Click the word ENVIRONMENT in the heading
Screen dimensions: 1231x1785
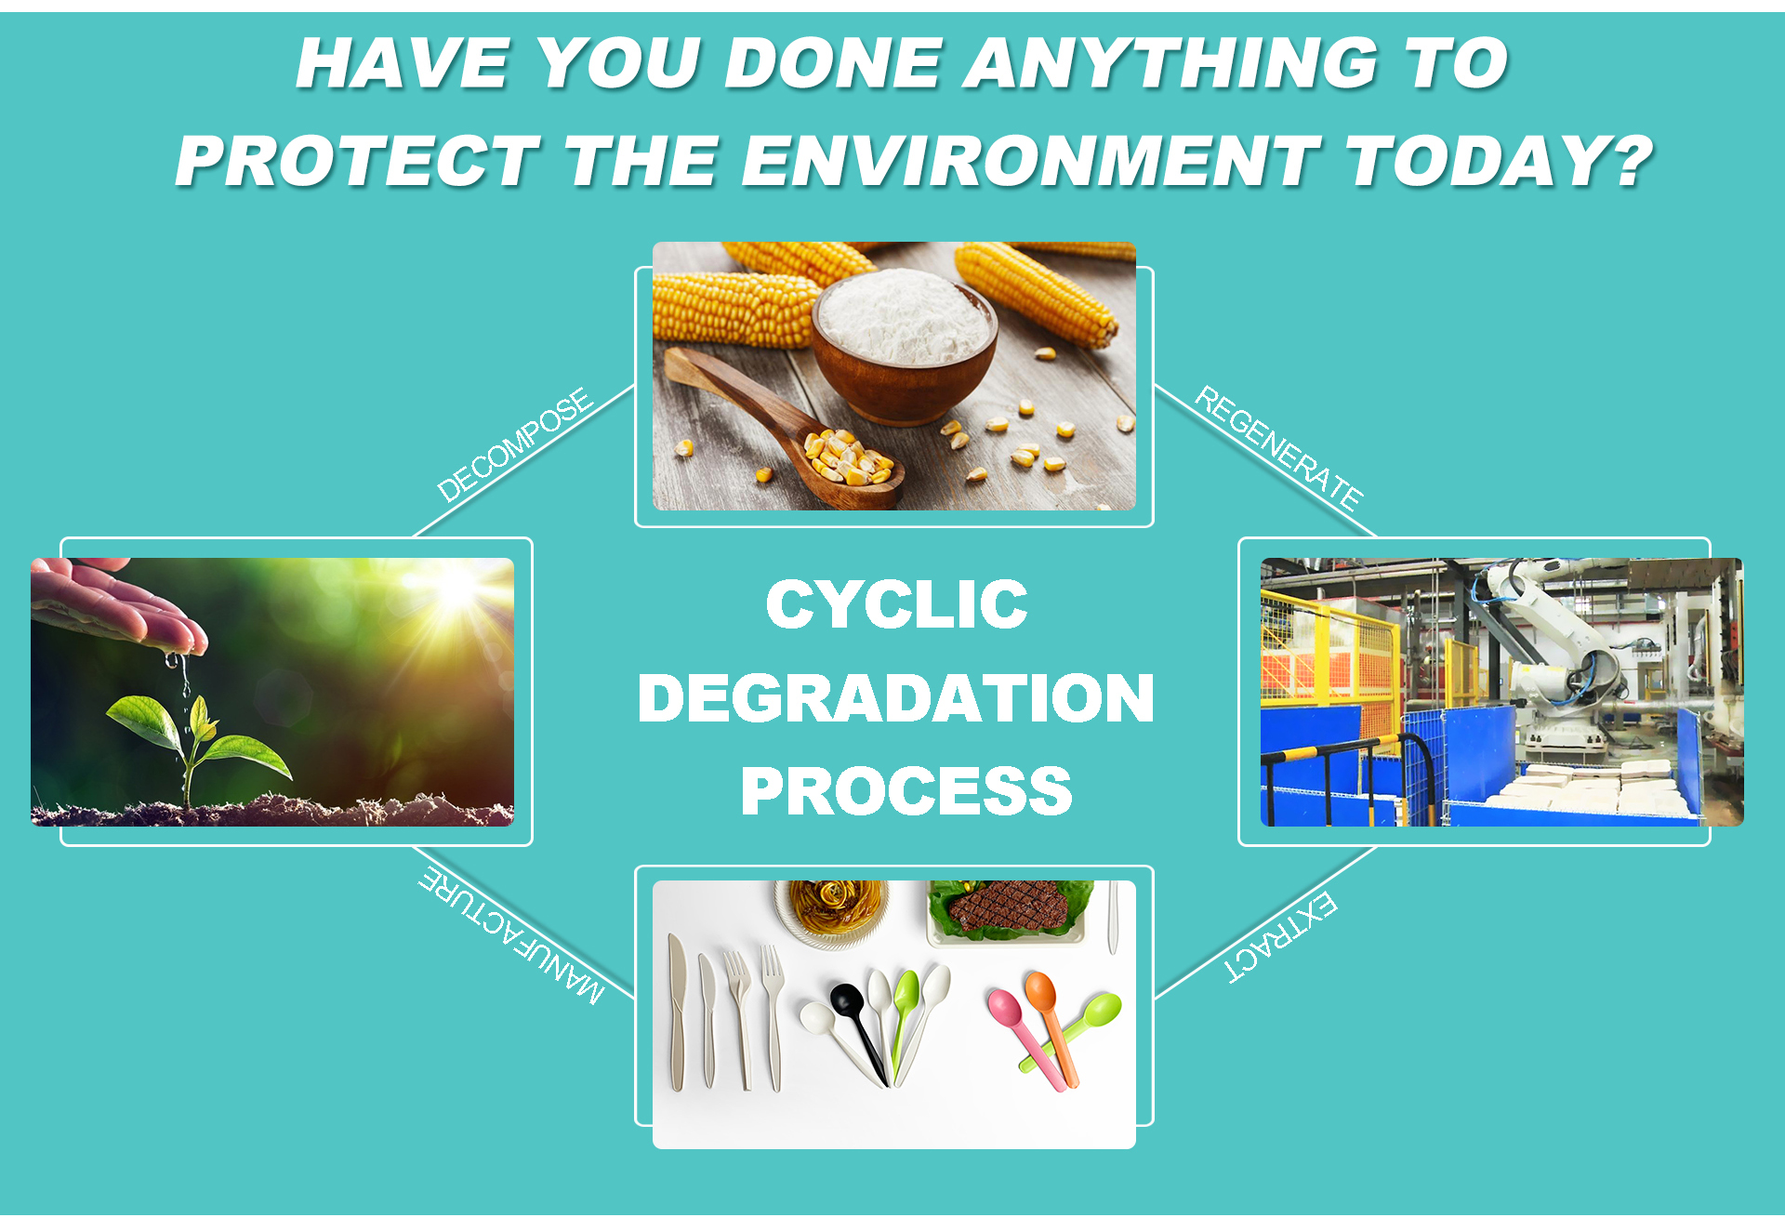click(x=1030, y=161)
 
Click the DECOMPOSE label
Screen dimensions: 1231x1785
click(x=514, y=443)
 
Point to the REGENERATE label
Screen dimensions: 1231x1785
click(x=1278, y=448)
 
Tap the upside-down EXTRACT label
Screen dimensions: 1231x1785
click(x=1281, y=936)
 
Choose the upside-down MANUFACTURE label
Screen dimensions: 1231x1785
click(x=511, y=934)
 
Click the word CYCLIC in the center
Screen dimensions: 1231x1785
click(x=896, y=604)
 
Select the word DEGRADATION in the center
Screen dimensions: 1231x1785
click(x=896, y=698)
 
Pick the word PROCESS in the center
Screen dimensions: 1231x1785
click(x=906, y=792)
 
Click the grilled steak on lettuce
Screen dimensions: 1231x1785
click(x=1009, y=906)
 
